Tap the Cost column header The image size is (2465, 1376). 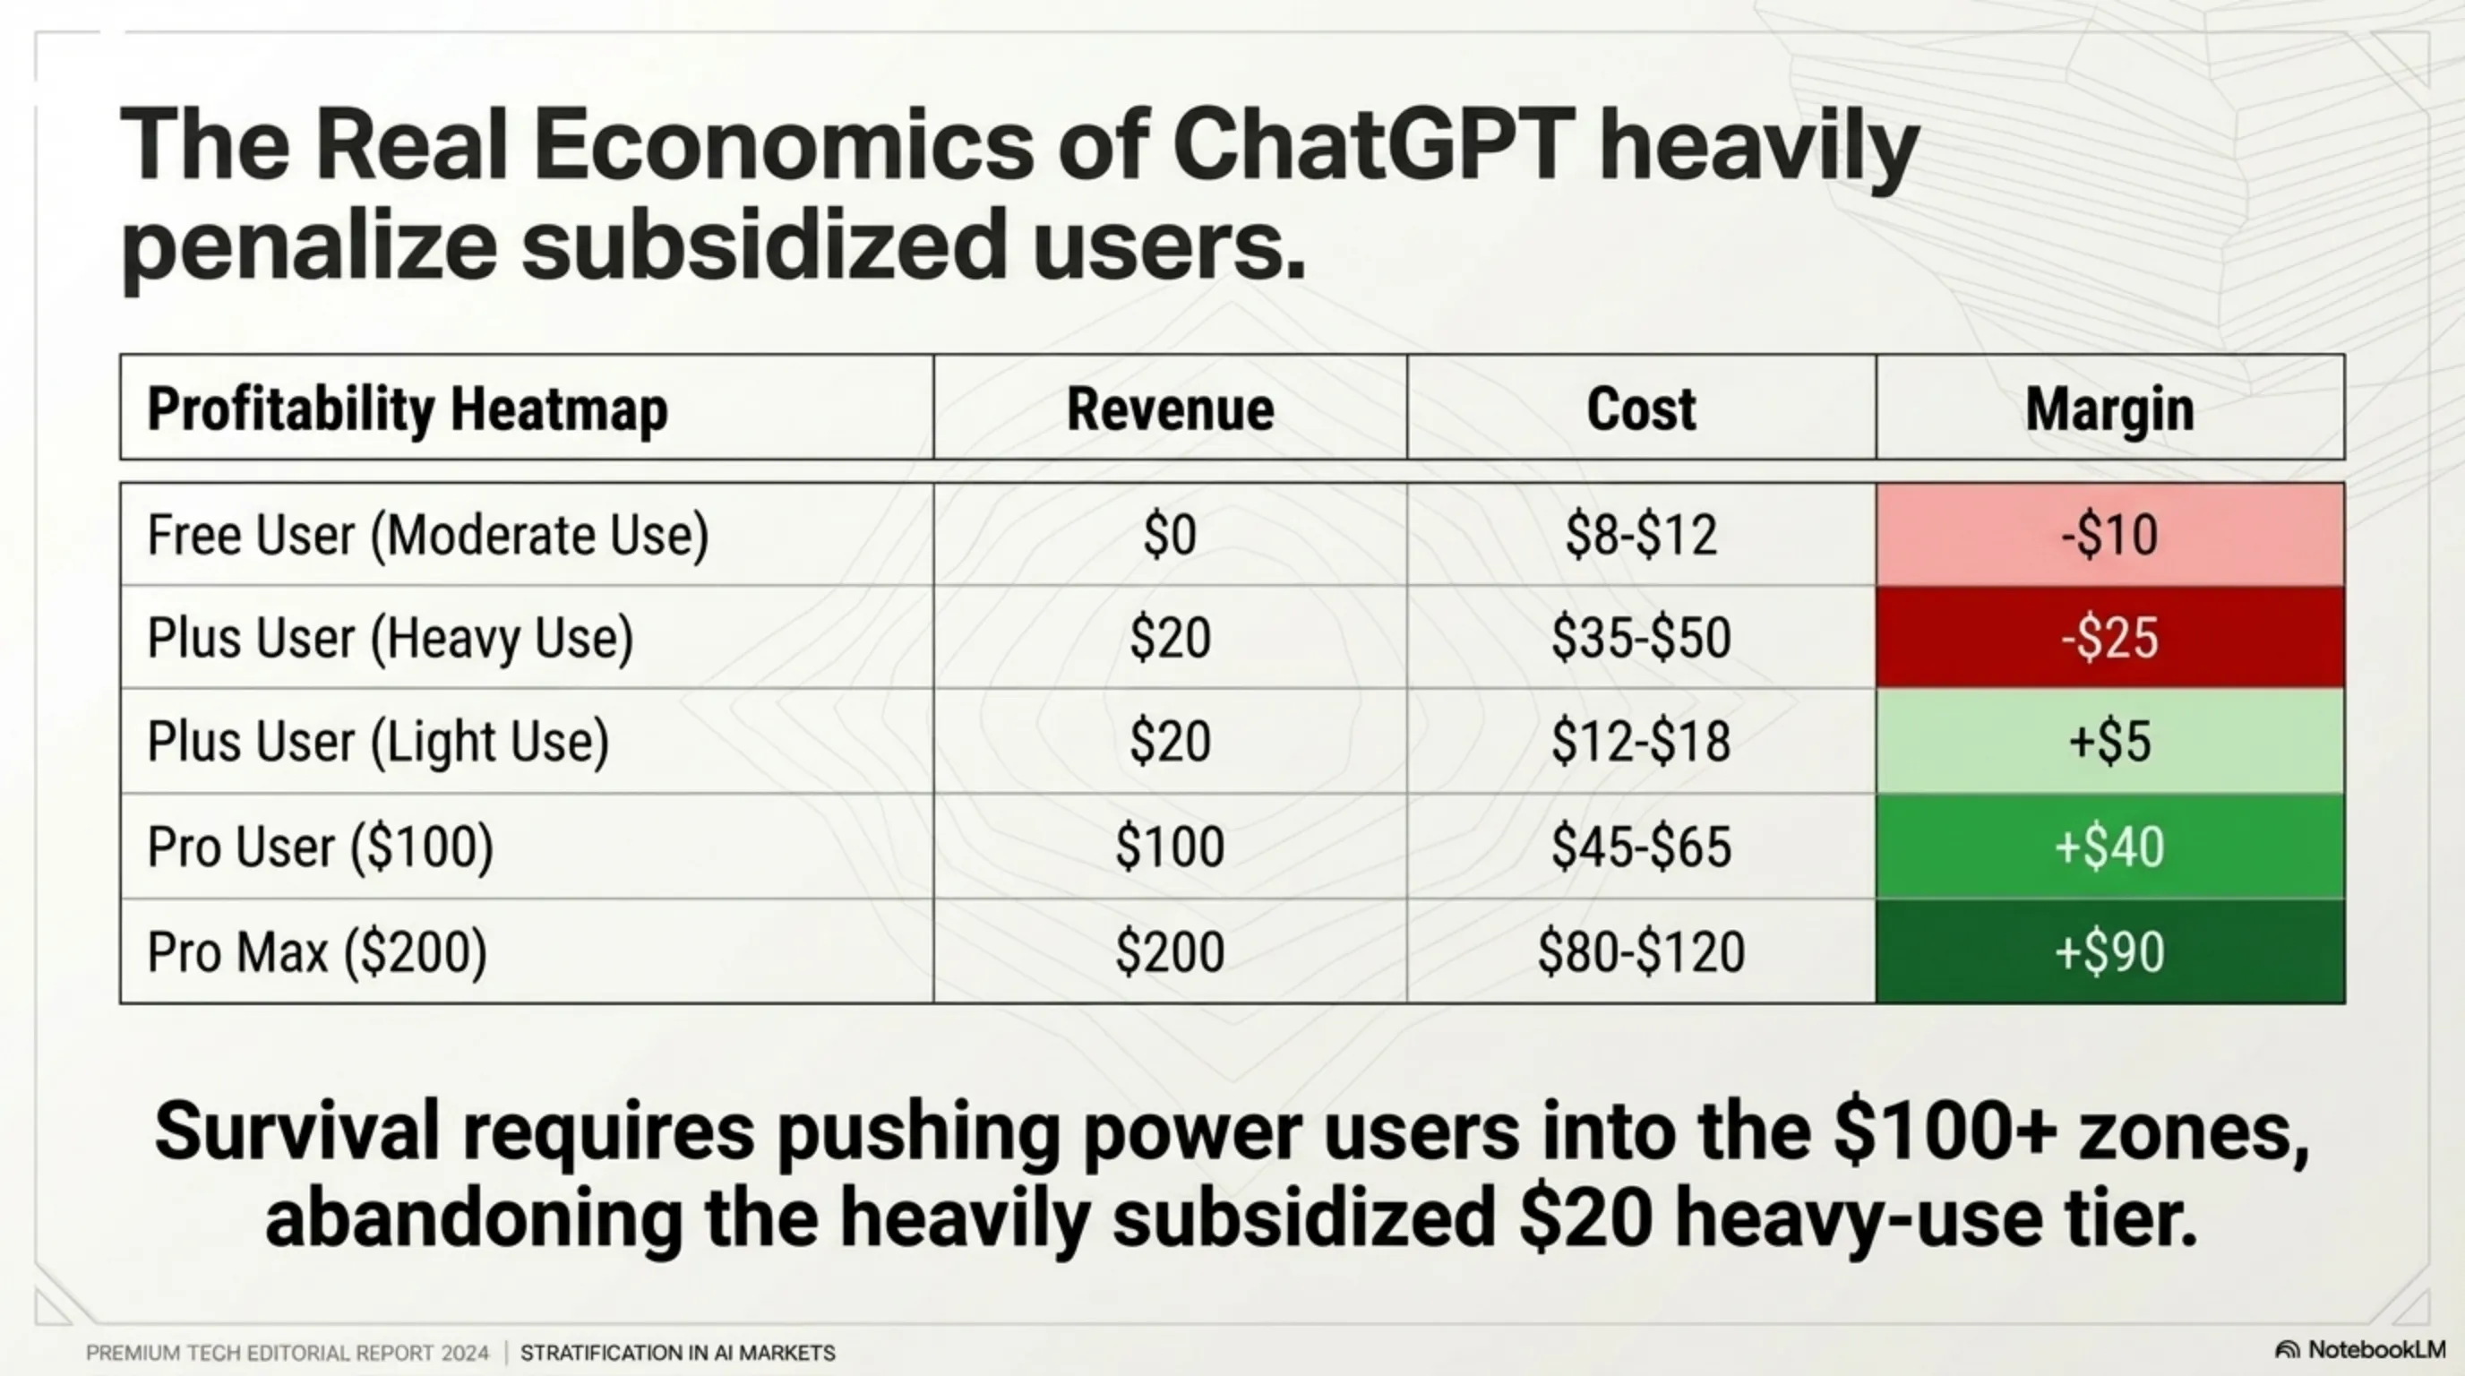coord(1641,408)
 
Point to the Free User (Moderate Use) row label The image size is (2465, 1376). coord(428,535)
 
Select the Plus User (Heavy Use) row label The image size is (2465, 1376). coord(391,638)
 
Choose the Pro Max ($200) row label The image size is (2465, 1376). coord(317,952)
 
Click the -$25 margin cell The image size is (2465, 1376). coord(2110,637)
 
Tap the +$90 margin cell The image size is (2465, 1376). coord(2110,951)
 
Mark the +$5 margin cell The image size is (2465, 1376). coord(2110,742)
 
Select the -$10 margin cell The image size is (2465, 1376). coord(2110,534)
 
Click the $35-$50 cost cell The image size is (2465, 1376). coord(1641,638)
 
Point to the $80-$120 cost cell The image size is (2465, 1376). coord(1641,952)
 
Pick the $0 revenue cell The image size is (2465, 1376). coord(1169,535)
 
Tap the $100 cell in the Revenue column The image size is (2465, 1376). coord(1169,847)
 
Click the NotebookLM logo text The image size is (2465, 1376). coord(2376,1349)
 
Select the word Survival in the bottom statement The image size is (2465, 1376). coord(296,1131)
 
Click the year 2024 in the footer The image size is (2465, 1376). coord(465,1353)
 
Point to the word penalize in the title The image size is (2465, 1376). coord(308,246)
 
